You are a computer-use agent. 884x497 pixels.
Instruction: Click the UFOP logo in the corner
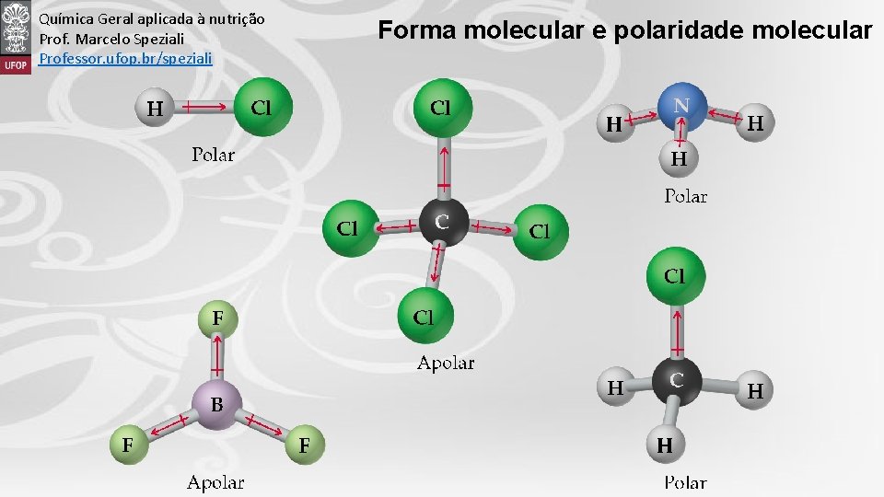coord(16,37)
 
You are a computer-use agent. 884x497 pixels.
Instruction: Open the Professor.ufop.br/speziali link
coord(125,58)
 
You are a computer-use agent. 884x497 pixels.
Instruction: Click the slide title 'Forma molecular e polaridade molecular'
coord(624,30)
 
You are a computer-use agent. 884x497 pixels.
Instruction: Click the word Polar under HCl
coord(213,155)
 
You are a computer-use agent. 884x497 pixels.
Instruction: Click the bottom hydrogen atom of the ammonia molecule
coord(679,159)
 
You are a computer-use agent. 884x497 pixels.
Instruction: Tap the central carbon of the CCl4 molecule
coord(443,221)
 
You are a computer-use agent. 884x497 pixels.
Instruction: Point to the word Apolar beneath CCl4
coord(446,363)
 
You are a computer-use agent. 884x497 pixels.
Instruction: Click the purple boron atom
coord(216,405)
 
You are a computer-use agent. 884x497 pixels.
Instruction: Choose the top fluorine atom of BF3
coord(218,318)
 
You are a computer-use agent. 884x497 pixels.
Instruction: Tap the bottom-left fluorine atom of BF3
coord(127,445)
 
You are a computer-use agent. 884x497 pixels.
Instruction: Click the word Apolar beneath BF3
coord(215,481)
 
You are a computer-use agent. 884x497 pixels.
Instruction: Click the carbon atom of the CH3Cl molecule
coord(677,379)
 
